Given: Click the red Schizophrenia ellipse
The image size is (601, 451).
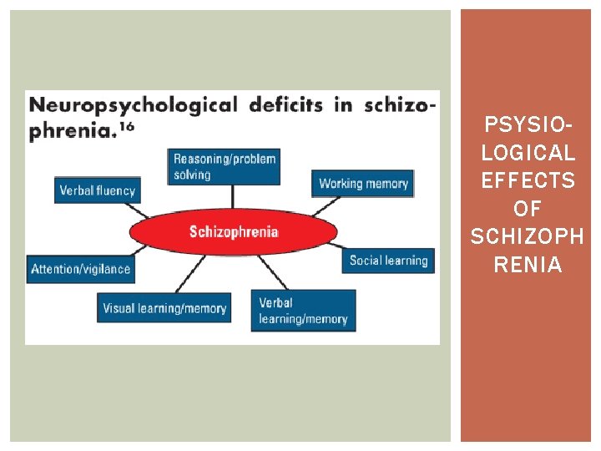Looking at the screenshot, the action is pos(233,231).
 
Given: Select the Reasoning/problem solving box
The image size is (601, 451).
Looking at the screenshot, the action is pos(224,166).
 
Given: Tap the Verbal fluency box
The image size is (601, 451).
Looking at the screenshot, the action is pos(97,190).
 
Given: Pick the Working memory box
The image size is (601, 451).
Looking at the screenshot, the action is pos(363,184).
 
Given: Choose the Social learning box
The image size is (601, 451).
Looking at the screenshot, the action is pos(388,261).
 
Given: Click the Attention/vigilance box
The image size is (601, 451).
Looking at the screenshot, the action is pos(80,269).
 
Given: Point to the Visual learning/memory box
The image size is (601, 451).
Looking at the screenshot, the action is pos(164,308).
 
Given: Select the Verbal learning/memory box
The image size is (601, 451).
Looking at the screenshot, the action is pos(303,310).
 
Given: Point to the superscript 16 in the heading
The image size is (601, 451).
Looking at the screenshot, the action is pos(126,128).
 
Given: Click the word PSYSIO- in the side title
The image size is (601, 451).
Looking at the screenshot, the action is pos(528,126).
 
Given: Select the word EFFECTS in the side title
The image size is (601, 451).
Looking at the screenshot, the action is pos(528,181).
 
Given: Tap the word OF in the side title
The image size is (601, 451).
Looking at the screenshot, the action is pos(528,209).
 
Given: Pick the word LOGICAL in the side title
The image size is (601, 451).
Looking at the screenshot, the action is pos(528,154).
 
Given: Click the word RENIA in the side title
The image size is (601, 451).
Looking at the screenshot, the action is pos(528,265).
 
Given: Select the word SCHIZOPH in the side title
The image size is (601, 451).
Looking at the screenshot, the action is pos(528,237).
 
